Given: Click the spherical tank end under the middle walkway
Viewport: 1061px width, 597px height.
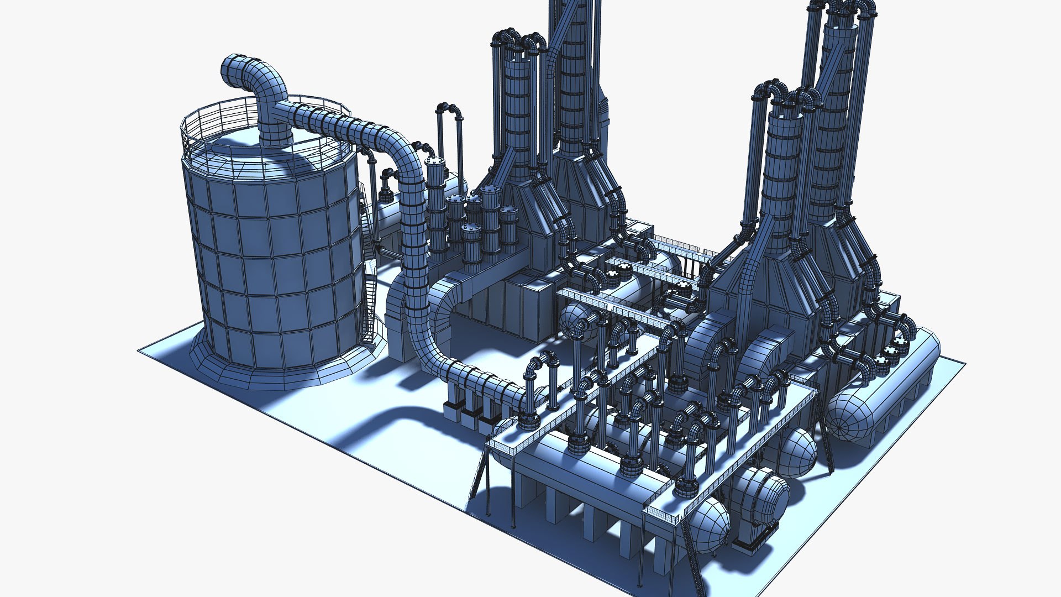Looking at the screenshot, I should [575, 321].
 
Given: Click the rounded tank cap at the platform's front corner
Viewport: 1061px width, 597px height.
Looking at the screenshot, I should [710, 525].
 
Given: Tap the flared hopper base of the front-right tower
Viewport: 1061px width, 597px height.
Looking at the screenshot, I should [774, 276].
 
